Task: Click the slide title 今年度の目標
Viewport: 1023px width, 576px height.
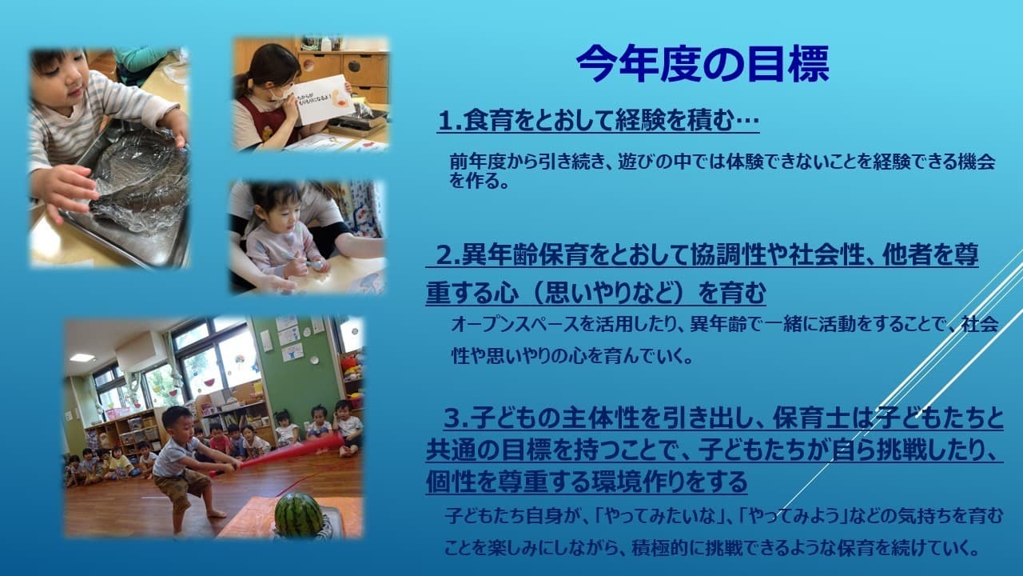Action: pyautogui.click(x=703, y=64)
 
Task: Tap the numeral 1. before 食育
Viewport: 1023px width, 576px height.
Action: pyautogui.click(x=450, y=122)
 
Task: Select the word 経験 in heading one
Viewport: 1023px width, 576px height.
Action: pyautogui.click(x=639, y=121)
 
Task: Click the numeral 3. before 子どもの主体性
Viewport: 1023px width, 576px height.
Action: pyautogui.click(x=456, y=418)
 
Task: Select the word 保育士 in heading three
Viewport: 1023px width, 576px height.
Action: pyautogui.click(x=810, y=418)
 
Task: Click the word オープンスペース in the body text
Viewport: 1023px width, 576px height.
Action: pyautogui.click(x=515, y=325)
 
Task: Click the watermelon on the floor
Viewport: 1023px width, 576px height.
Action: pyautogui.click(x=298, y=514)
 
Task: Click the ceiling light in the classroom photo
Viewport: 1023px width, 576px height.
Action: pyautogui.click(x=82, y=358)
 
